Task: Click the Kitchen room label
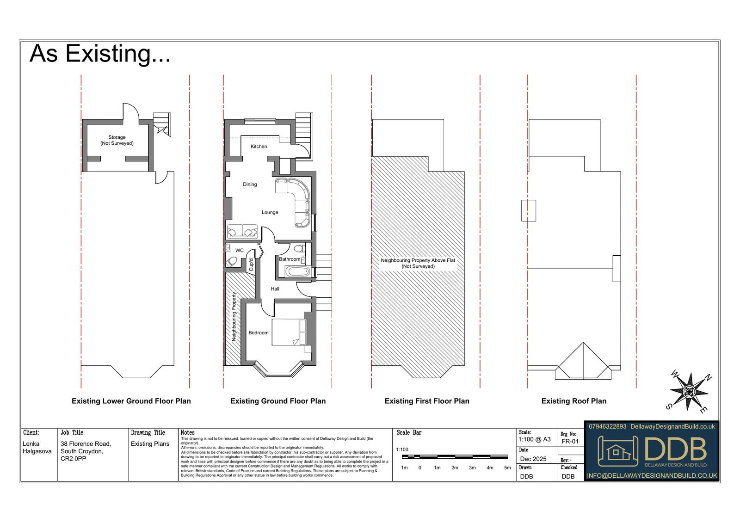[x=259, y=147]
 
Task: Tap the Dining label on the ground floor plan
[x=250, y=185]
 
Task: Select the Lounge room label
[x=270, y=212]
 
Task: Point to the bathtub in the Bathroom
[x=298, y=272]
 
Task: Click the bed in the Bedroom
[x=289, y=332]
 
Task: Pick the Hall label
[x=275, y=289]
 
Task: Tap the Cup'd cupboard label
[x=251, y=265]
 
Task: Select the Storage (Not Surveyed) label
[x=117, y=140]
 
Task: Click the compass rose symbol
[x=689, y=392]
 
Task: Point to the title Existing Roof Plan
[x=574, y=401]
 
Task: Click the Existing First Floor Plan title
[x=427, y=401]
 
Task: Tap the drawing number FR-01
[x=570, y=442]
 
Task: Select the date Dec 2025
[x=533, y=459]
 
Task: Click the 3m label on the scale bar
[x=472, y=468]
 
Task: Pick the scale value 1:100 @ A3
[x=535, y=439]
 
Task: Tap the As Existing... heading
[x=100, y=54]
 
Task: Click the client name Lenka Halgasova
[x=37, y=447]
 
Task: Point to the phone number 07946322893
[x=607, y=426]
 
